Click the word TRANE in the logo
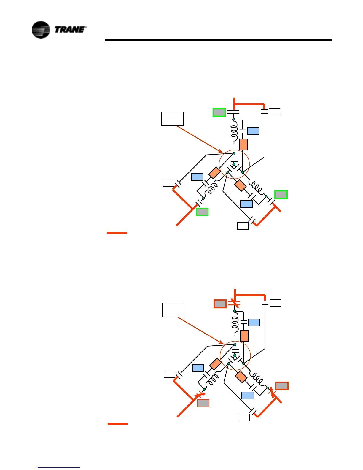point(70,29)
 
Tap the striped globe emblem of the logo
point(41,30)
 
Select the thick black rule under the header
point(218,40)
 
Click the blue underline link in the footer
point(59,467)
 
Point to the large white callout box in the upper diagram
point(172,118)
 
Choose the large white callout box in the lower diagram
point(173,309)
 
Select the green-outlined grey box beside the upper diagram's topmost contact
point(219,112)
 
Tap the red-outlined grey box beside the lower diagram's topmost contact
point(220,304)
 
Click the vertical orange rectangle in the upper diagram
point(243,145)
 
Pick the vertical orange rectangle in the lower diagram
point(244,336)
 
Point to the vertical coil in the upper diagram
point(234,132)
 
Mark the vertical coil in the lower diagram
point(235,324)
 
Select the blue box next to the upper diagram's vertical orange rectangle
point(253,131)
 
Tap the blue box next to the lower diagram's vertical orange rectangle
point(254,323)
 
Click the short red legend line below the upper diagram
point(117,233)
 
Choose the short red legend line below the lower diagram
point(118,424)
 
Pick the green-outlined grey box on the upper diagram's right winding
point(281,195)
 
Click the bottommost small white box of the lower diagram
point(244,417)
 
